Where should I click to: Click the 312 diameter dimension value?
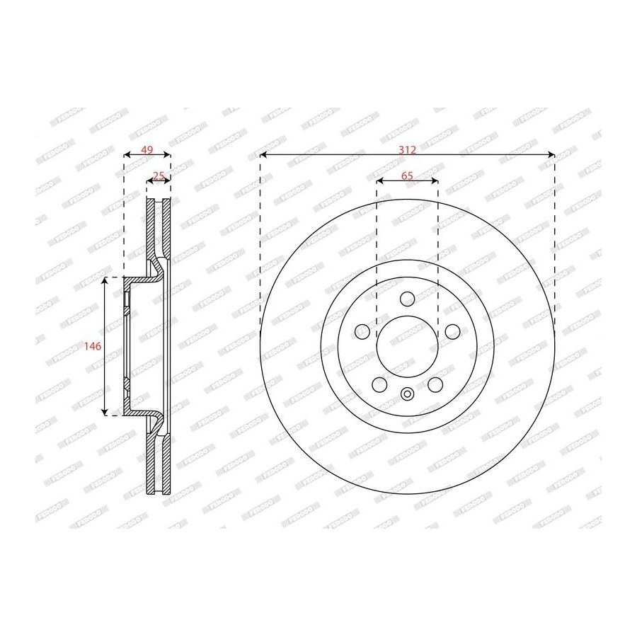click(x=407, y=150)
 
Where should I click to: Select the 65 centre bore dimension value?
click(x=407, y=176)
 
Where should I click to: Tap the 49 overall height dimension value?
click(x=147, y=150)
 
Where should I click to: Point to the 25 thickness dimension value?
click(x=159, y=176)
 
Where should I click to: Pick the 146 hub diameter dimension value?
click(x=92, y=346)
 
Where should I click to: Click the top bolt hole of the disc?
click(x=407, y=299)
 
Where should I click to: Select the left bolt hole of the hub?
click(x=362, y=331)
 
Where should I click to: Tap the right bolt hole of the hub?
click(x=452, y=331)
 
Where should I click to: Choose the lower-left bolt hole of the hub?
click(x=379, y=384)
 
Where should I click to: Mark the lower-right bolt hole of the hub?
click(x=435, y=384)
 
